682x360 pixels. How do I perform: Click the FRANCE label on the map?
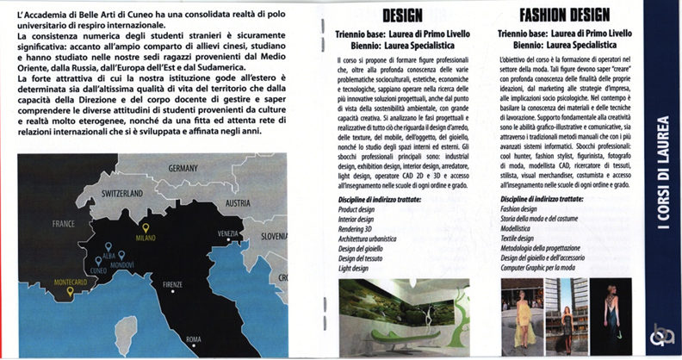click(65, 222)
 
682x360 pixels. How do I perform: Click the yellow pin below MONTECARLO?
click(70, 293)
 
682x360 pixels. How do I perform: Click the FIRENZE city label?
click(172, 283)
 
